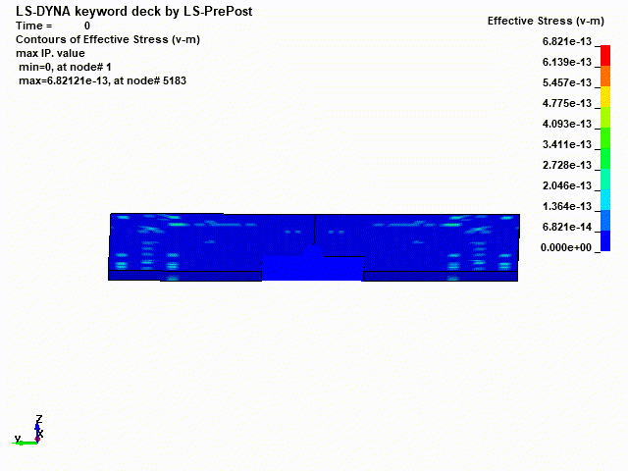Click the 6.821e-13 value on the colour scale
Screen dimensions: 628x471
pos(567,41)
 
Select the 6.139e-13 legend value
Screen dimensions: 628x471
pos(567,62)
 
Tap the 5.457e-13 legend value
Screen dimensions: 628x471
pos(567,82)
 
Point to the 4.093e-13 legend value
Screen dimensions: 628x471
pos(567,124)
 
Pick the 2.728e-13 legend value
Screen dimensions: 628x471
pos(567,165)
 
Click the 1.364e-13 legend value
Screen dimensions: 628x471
pos(567,206)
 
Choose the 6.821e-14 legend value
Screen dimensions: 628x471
pos(567,227)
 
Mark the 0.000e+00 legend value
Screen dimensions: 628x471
pos(566,247)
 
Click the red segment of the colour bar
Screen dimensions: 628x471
pos(605,55)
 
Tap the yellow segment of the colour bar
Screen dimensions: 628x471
pos(605,96)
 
